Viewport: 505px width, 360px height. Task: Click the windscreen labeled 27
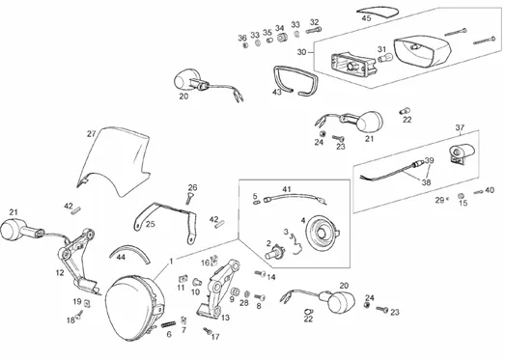click(x=113, y=161)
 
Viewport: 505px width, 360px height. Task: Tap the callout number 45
click(x=366, y=18)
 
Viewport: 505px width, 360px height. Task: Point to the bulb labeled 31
click(x=384, y=59)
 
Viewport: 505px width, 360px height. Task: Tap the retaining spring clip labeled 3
click(x=296, y=245)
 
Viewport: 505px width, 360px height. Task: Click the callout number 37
click(x=461, y=127)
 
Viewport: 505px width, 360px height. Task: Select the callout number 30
click(x=302, y=52)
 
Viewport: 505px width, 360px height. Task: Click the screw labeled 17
click(x=207, y=330)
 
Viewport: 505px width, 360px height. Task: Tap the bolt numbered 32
click(x=314, y=31)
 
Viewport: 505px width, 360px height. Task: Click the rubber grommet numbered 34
click(x=282, y=38)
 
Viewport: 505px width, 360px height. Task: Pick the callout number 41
click(x=287, y=189)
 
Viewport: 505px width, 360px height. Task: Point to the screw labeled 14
click(x=261, y=274)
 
